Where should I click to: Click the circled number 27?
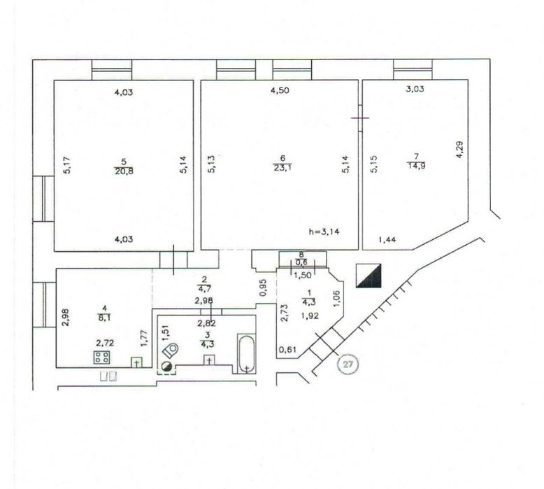pos(348,364)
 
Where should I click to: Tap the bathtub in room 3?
pos(246,353)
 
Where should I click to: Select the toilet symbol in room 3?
pos(171,350)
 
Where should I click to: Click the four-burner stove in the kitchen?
pos(101,357)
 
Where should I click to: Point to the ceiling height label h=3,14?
pos(324,232)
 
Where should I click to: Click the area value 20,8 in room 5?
pos(124,171)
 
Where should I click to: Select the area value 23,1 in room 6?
pos(282,169)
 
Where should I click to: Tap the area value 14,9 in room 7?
pos(416,165)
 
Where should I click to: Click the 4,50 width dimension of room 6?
pos(280,90)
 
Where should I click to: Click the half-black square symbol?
pos(368,276)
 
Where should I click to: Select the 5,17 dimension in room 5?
pos(67,165)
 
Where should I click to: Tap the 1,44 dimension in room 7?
pos(387,239)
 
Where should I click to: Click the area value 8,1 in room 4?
pos(104,317)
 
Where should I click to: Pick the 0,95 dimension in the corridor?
pos(263,288)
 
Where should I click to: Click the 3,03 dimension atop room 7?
pos(415,89)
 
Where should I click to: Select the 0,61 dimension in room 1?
pos(288,349)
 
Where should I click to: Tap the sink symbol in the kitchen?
pos(136,362)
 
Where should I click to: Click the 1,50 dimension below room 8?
pos(303,275)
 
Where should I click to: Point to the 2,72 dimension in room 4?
pos(105,343)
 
